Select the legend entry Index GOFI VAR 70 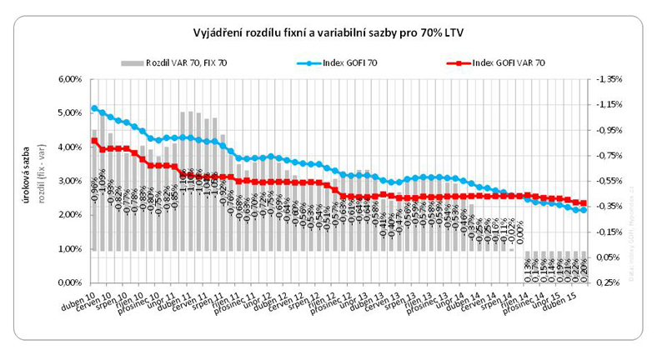click(509, 62)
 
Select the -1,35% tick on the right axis click(609, 79)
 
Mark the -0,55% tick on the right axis click(609, 181)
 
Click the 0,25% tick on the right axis click(609, 283)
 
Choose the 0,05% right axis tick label click(609, 257)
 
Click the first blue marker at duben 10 click(94, 108)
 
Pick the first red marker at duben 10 click(94, 140)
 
